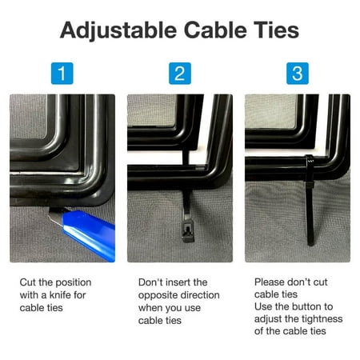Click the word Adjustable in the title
[118, 30]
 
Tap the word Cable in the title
[215, 30]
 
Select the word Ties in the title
[276, 30]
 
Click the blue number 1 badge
[62, 74]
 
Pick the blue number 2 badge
[180, 74]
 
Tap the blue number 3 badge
[298, 74]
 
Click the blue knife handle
[90, 234]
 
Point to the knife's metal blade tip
[50, 212]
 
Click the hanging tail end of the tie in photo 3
[310, 243]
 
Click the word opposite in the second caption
[157, 296]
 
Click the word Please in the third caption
[268, 282]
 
